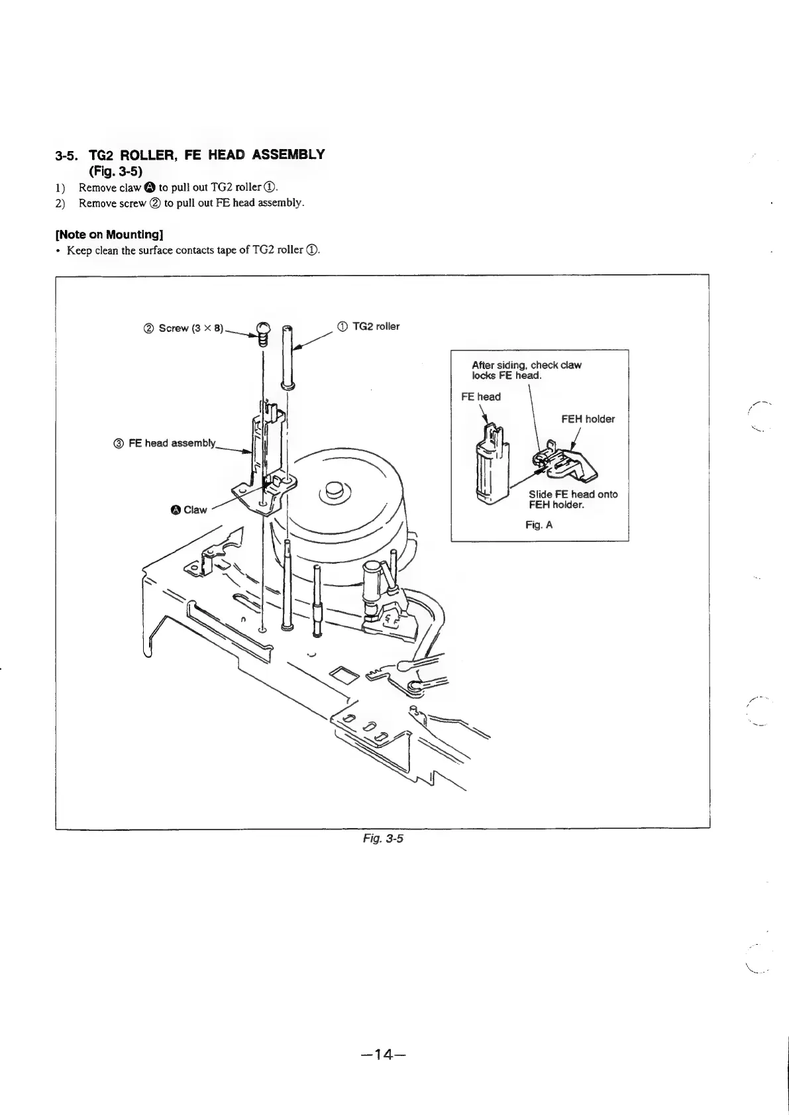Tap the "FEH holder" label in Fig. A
588,419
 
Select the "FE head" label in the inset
480,397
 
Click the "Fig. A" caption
539,525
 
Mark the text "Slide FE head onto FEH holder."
573,500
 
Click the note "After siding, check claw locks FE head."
526,370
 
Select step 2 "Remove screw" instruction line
191,203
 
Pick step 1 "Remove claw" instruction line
172,188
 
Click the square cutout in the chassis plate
344,675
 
